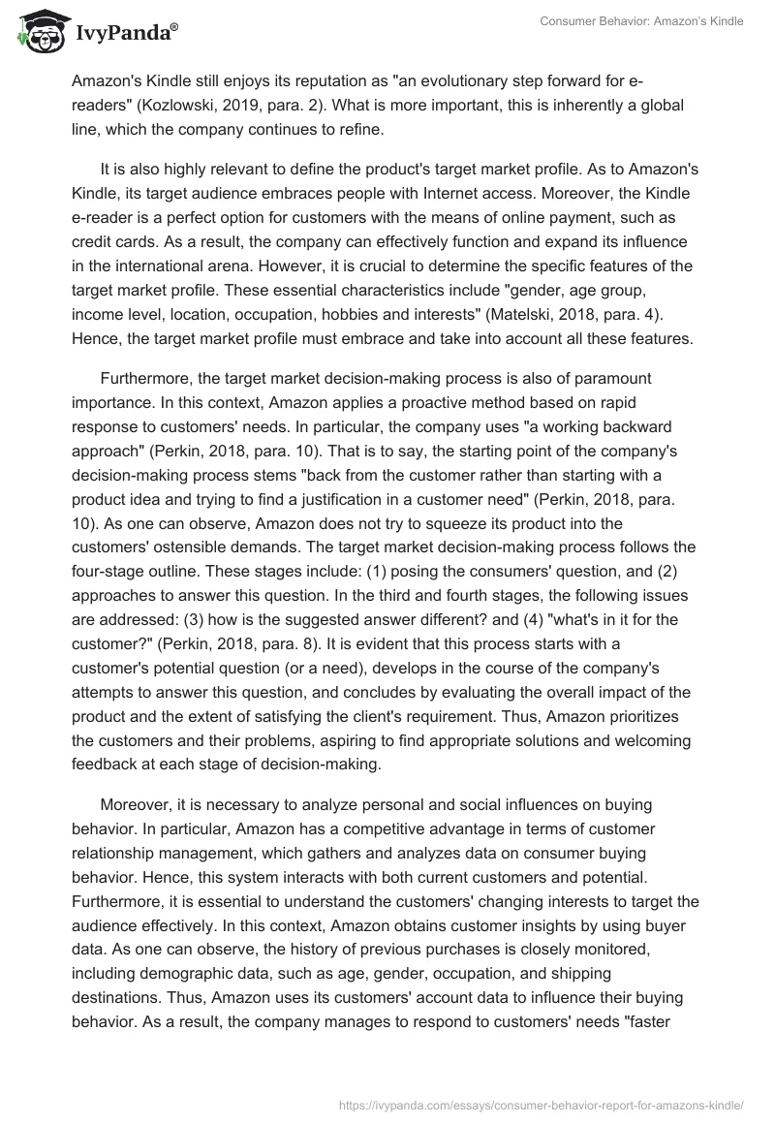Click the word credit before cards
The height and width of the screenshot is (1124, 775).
pos(92,240)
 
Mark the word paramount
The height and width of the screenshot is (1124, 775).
pos(599,378)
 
